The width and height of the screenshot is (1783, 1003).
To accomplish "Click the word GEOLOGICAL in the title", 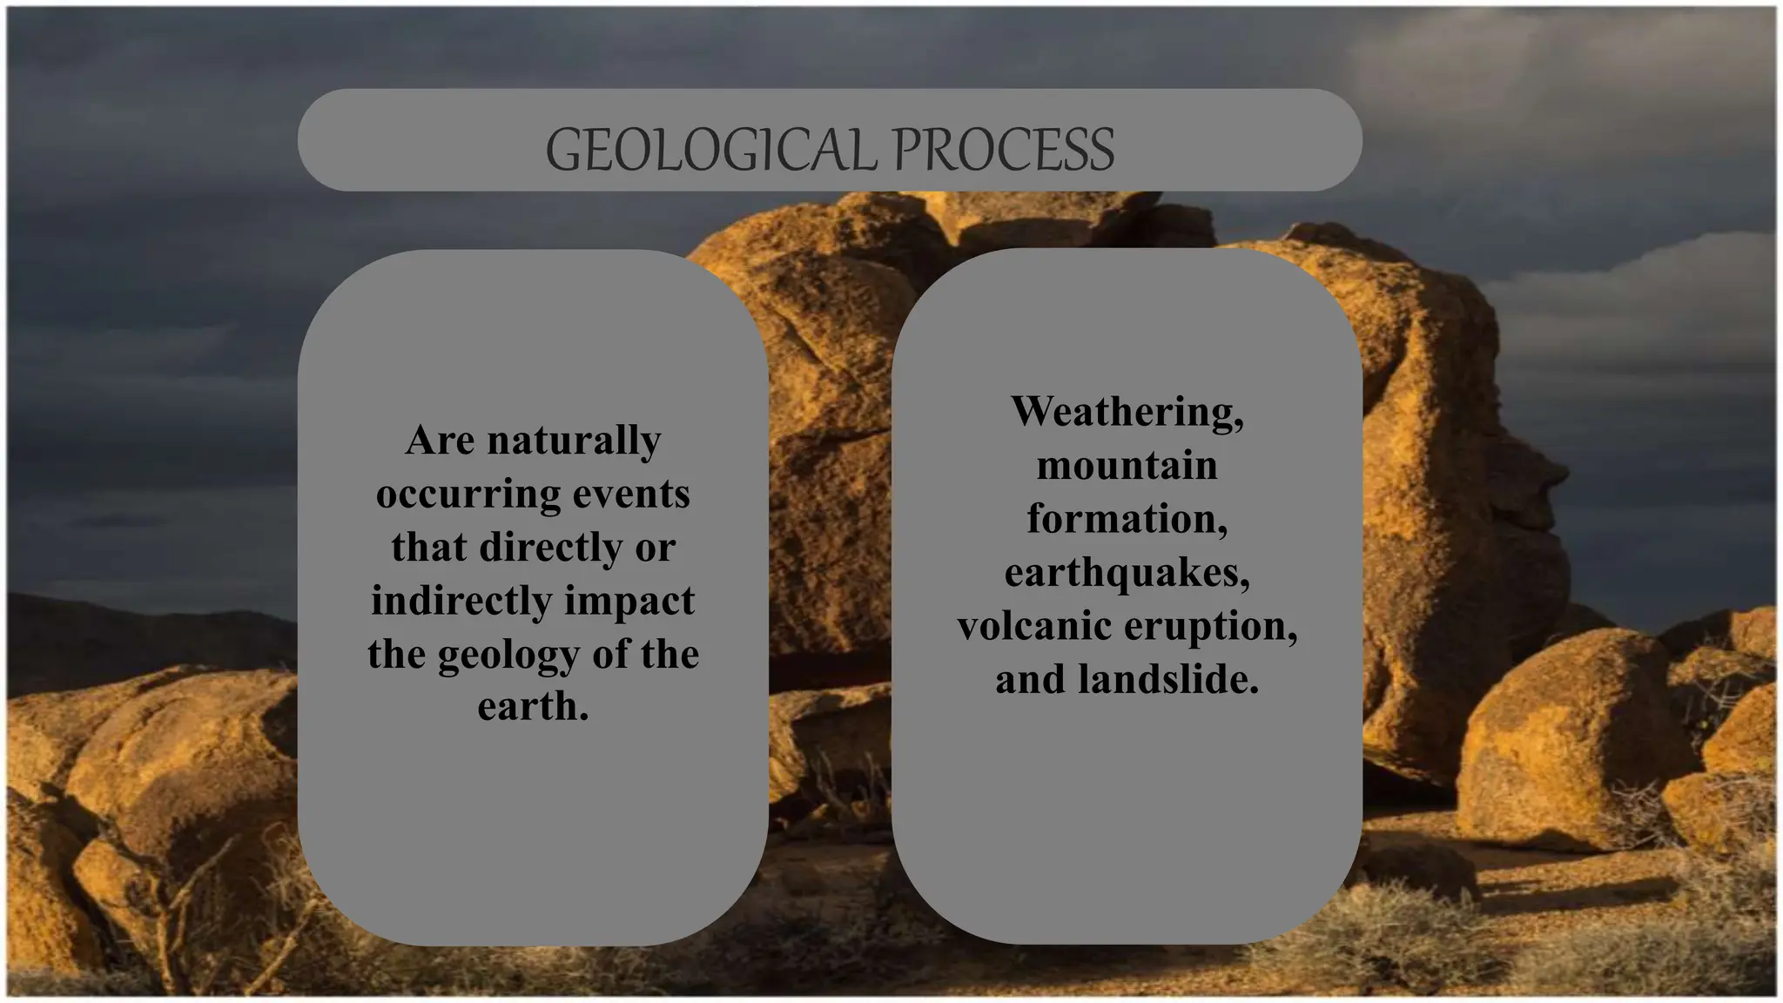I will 710,149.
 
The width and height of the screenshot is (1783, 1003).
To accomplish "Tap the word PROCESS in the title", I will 1003,149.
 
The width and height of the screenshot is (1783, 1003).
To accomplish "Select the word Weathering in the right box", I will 1127,412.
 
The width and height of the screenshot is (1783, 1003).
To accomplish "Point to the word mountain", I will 1127,465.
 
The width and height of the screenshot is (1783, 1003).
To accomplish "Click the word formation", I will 1127,519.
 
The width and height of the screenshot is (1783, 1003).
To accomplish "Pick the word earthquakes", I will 1127,573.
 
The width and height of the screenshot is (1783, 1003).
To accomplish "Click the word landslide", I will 1167,679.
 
